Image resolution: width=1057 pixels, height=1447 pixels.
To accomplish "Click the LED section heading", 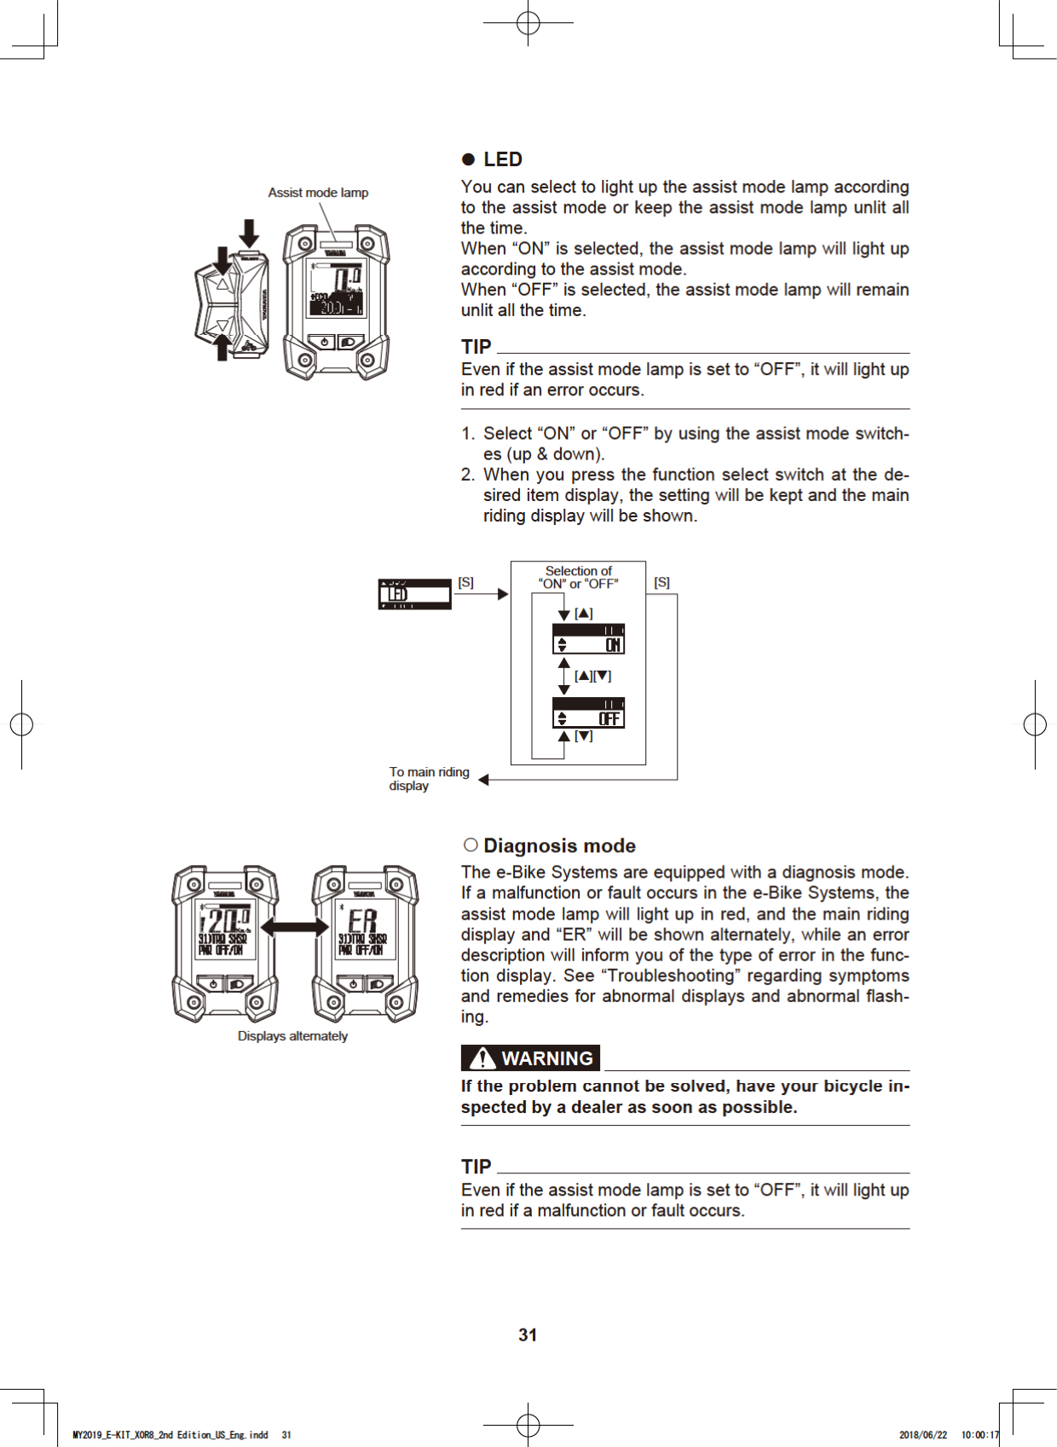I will point(502,159).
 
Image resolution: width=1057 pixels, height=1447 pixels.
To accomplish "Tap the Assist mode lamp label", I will point(318,193).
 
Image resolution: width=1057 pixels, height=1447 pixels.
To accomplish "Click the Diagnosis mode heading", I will point(559,845).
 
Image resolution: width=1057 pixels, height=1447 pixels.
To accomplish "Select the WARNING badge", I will point(530,1058).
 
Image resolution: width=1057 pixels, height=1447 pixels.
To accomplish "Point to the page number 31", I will point(528,1335).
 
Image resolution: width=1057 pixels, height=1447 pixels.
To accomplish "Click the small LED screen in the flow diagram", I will point(414,594).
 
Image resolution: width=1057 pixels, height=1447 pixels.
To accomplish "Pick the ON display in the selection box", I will point(588,639).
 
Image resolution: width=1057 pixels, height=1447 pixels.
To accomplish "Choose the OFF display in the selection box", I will point(588,712).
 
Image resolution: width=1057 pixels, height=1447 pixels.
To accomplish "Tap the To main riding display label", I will point(429,778).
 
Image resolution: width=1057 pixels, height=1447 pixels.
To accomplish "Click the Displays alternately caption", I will point(292,1035).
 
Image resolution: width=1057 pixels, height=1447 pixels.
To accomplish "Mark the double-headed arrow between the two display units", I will point(295,927).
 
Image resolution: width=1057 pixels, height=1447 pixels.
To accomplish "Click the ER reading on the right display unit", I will point(362,921).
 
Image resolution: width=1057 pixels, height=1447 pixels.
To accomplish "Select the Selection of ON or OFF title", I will point(578,577).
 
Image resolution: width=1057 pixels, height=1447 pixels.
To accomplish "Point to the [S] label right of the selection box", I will point(661,582).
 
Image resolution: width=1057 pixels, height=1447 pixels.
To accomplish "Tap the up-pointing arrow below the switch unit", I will point(222,348).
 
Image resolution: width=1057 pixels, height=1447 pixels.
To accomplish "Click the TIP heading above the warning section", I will point(476,347).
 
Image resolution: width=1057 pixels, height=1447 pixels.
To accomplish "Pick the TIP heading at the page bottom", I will point(476,1167).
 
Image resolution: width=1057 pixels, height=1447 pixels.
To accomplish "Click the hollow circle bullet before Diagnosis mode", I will point(471,845).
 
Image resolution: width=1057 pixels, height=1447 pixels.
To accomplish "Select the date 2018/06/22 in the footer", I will point(922,1434).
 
